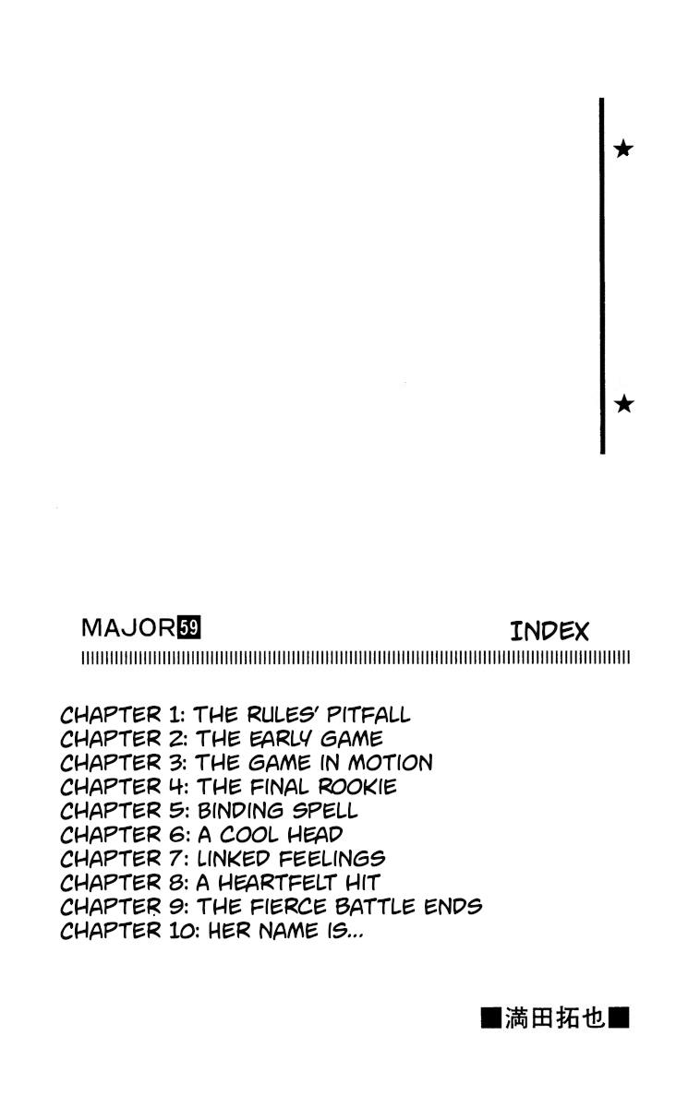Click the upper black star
point(623,149)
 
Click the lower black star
point(623,403)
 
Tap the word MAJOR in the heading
point(128,629)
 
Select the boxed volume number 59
point(189,629)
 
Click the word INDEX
point(549,632)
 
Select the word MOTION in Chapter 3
point(390,763)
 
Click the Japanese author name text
point(555,1019)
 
